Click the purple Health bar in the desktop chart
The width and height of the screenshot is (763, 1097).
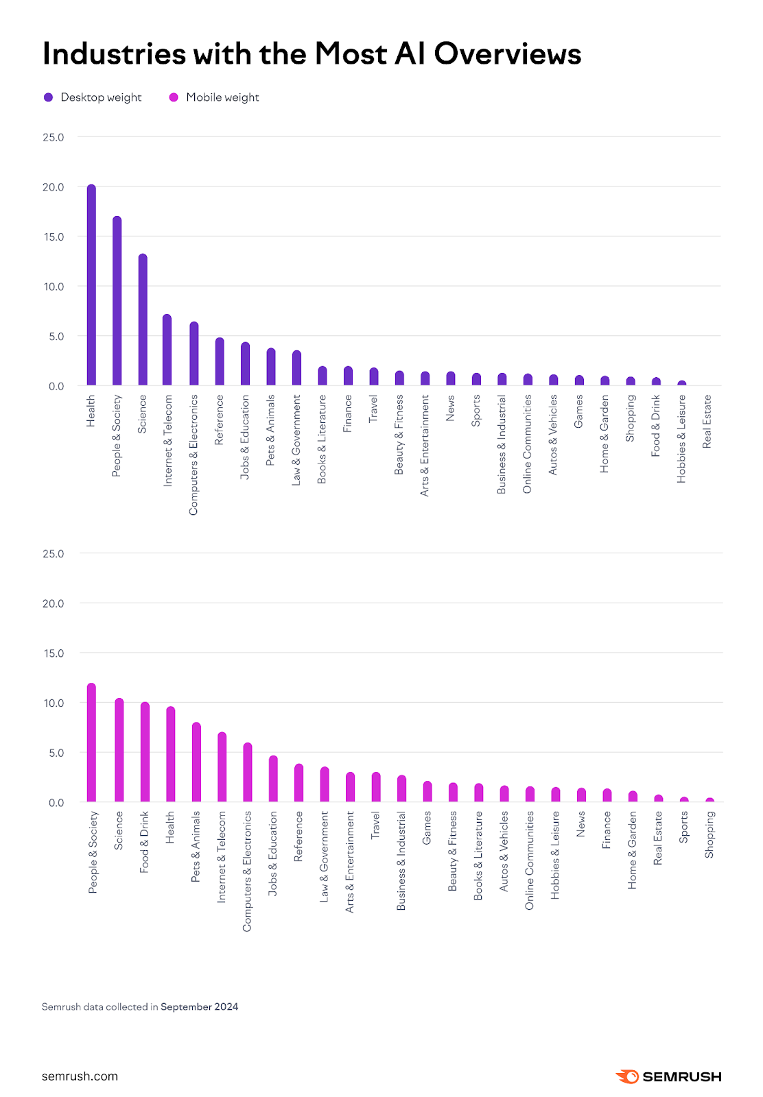(x=91, y=285)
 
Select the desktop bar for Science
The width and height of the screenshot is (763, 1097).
(x=143, y=320)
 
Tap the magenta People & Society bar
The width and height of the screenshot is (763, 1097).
(x=91, y=743)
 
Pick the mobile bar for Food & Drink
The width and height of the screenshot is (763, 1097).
(x=145, y=752)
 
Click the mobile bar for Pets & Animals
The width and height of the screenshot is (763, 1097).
(x=196, y=762)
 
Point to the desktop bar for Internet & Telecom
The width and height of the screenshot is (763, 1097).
(x=167, y=350)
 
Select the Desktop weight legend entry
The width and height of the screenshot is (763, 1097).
(x=93, y=97)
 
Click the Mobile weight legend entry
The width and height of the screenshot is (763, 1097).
(x=214, y=97)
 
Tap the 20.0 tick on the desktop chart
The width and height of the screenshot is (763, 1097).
(x=53, y=187)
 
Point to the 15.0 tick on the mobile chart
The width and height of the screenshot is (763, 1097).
(x=54, y=653)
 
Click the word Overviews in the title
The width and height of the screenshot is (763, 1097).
(x=508, y=53)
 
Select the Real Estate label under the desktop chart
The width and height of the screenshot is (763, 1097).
(x=707, y=422)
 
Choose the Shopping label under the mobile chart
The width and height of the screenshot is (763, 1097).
(x=709, y=834)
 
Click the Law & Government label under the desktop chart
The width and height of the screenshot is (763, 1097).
(x=296, y=440)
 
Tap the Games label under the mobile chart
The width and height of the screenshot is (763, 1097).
(x=427, y=828)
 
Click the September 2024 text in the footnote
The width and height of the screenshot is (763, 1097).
(x=200, y=1006)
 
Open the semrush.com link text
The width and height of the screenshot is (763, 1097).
(x=80, y=1076)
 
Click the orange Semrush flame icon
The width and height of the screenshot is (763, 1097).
(x=627, y=1076)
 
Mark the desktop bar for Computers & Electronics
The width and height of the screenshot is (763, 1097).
(x=194, y=354)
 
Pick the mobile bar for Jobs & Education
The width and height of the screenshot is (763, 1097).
(x=273, y=779)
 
